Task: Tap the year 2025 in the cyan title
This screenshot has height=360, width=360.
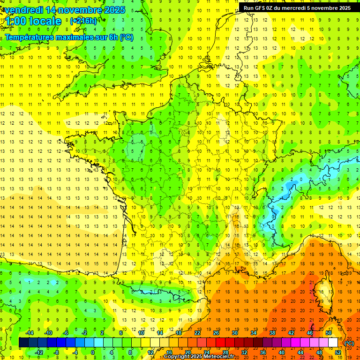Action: (x=113, y=10)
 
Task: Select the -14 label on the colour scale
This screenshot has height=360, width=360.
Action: (x=30, y=332)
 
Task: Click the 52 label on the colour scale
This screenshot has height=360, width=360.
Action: (x=338, y=352)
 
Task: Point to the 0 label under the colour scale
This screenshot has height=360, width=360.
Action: (x=92, y=352)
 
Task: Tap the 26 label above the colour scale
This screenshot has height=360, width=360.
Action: (x=217, y=332)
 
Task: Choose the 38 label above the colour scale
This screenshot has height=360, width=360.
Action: (x=272, y=332)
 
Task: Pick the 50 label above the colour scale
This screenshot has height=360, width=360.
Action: (x=329, y=332)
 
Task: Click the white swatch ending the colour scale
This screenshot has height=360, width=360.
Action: (x=333, y=342)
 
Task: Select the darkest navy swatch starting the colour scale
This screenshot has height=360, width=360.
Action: (x=24, y=342)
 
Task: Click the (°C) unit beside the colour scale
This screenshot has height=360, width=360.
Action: (x=349, y=343)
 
